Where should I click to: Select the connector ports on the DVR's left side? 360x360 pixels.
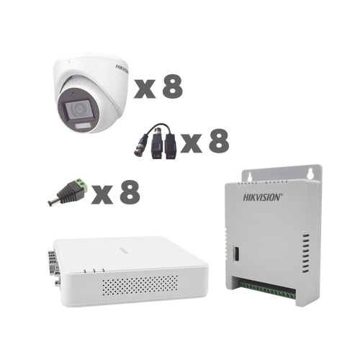coord(52,261)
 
